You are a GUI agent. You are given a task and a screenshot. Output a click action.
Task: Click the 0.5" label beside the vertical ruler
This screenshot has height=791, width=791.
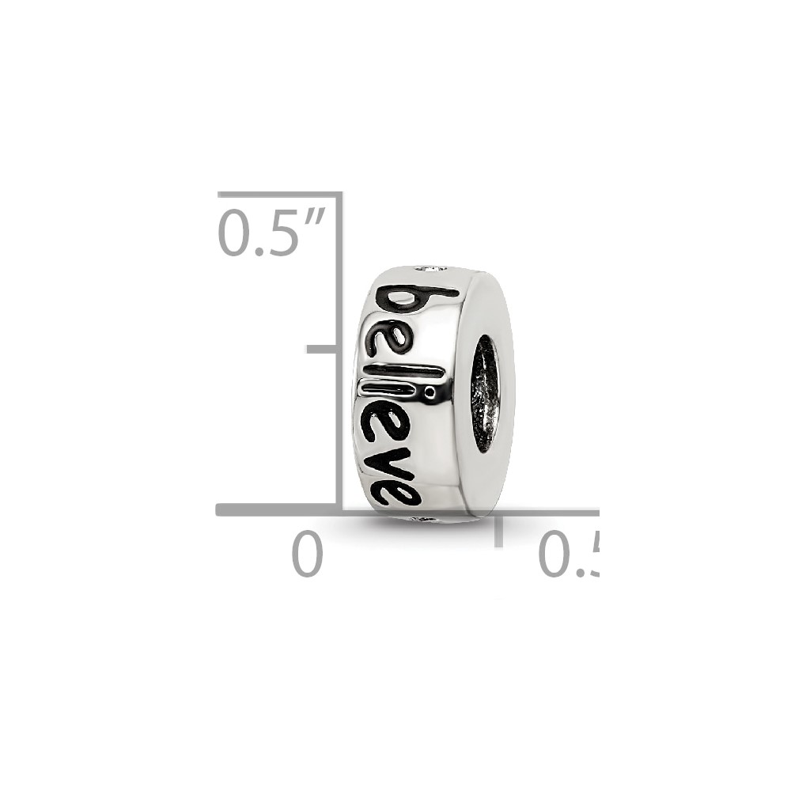point(272,233)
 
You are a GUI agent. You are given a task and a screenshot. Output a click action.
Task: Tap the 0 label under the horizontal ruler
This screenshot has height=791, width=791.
point(307,554)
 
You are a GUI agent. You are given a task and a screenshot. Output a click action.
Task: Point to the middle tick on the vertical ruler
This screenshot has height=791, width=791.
point(322,349)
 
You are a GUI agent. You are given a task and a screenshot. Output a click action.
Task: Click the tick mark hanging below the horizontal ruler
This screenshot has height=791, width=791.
point(498,530)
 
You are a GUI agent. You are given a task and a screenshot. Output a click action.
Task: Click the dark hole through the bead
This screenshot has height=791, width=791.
point(485,393)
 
